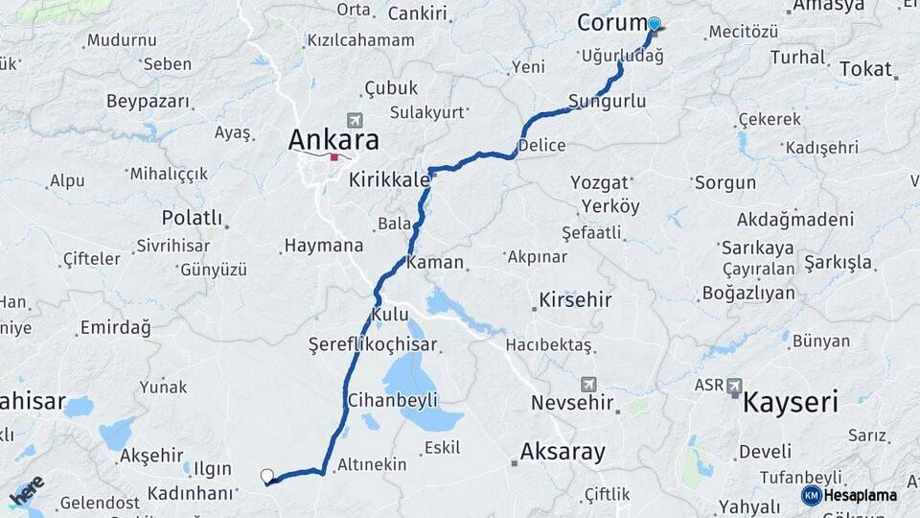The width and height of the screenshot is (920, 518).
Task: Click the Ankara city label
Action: (333, 140)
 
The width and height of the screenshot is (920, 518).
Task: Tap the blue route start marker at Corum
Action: (655, 25)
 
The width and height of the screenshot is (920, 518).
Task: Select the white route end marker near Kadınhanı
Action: (267, 476)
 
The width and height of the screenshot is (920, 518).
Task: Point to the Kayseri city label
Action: (791, 401)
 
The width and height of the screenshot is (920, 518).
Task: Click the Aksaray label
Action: (563, 452)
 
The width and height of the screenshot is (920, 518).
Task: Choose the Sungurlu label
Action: (607, 101)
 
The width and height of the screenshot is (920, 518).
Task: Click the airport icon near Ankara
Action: (356, 119)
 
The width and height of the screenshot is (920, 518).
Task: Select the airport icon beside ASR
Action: (735, 386)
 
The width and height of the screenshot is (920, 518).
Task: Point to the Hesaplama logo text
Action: (861, 496)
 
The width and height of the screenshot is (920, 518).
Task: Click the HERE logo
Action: (26, 493)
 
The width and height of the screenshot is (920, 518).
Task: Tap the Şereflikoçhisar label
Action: (373, 344)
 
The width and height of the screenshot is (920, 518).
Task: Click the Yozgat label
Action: (599, 182)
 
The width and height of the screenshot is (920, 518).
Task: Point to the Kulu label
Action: (390, 315)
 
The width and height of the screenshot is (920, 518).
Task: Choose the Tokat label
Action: (865, 69)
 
